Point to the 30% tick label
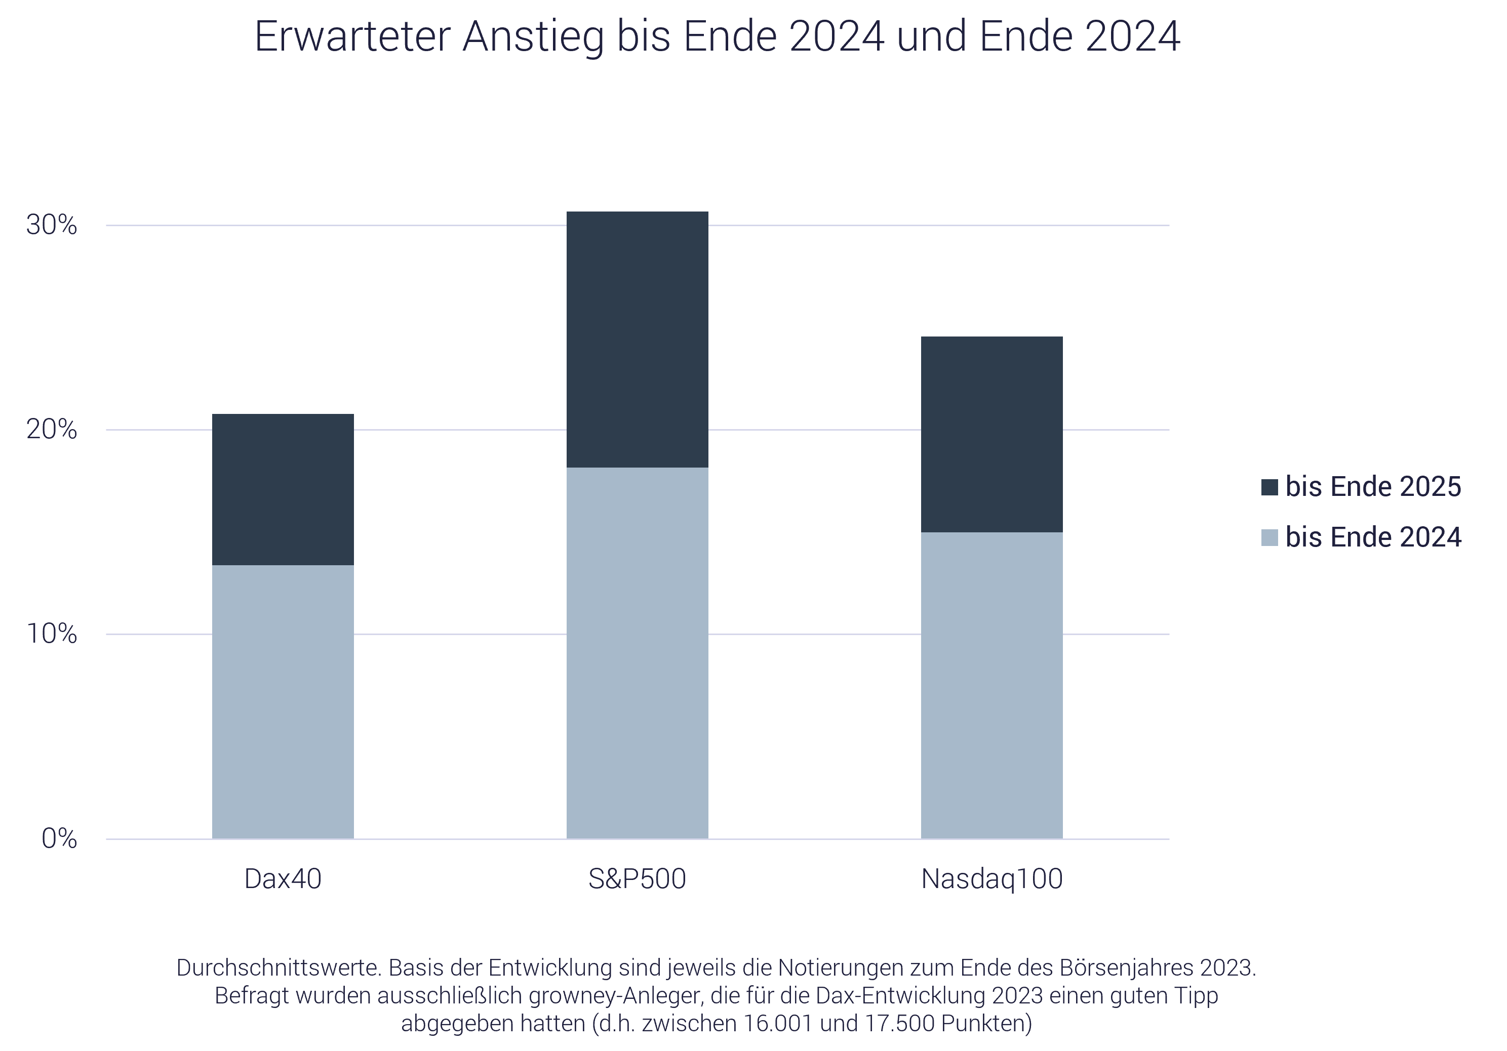pos(51,225)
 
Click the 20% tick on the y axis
pos(51,430)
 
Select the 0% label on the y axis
pos(59,838)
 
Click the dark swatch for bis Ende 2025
pos(1270,487)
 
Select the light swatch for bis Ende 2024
pos(1270,537)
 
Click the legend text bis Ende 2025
pos(1373,487)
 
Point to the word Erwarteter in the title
pos(352,37)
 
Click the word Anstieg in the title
pos(533,37)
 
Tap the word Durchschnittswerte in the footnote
pos(279,968)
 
